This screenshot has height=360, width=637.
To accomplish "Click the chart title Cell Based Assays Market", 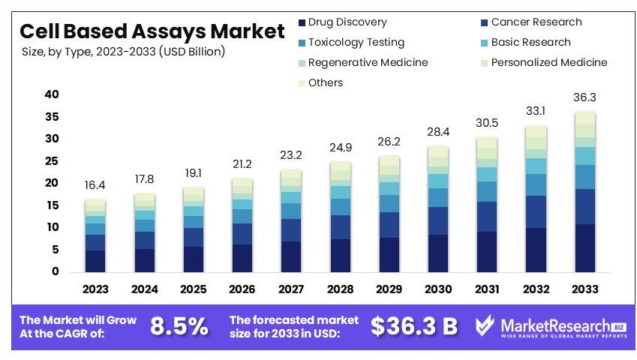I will pyautogui.click(x=152, y=31).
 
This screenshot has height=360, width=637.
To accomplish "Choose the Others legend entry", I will pyautogui.click(x=325, y=82).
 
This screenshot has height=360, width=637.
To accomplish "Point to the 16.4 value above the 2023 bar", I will pyautogui.click(x=95, y=184).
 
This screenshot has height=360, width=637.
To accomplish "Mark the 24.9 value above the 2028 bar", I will pyautogui.click(x=339, y=148).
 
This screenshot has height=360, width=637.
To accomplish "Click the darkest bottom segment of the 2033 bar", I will pyautogui.click(x=584, y=247).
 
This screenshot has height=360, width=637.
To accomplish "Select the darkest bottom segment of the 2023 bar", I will pyautogui.click(x=95, y=260).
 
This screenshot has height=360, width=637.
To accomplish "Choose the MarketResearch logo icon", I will pyautogui.click(x=485, y=325).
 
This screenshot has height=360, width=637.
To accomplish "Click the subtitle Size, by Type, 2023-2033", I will pyautogui.click(x=123, y=52).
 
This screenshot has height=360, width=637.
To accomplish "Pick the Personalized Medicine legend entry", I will pyautogui.click(x=548, y=62).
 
